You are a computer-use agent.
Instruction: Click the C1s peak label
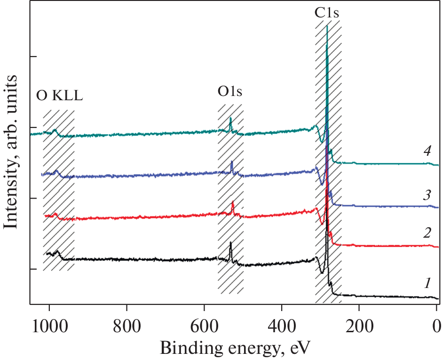(327, 13)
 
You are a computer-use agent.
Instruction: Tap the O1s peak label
(230, 92)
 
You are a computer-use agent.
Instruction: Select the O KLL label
(59, 96)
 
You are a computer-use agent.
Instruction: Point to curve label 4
(427, 152)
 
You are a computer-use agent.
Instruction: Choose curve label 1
(427, 283)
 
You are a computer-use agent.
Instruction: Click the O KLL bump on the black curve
(57, 252)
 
